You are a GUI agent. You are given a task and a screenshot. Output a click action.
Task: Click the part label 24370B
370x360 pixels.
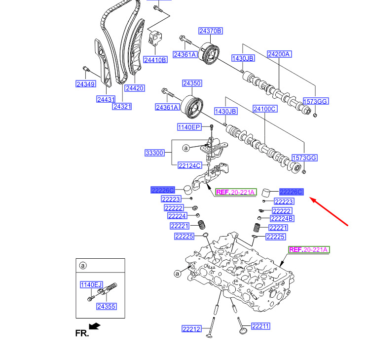pyautogui.click(x=211, y=31)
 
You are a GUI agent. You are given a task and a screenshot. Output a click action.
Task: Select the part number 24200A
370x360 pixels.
pyautogui.click(x=279, y=54)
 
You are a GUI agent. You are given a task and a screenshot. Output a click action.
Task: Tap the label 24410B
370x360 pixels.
pyautogui.click(x=155, y=60)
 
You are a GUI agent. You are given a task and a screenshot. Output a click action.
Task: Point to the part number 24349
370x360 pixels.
pyautogui.click(x=85, y=84)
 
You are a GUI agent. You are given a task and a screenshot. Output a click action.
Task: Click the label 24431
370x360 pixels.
pyautogui.click(x=106, y=99)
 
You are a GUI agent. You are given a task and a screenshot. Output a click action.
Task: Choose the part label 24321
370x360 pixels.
pyautogui.click(x=122, y=106)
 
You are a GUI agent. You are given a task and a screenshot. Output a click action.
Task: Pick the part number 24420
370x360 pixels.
pyautogui.click(x=134, y=88)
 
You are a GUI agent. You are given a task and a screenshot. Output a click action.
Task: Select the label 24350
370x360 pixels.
pyautogui.click(x=192, y=83)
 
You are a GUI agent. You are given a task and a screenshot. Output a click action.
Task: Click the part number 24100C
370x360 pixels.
pyautogui.click(x=265, y=108)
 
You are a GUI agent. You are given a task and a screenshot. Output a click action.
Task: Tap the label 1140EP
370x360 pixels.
pyautogui.click(x=189, y=127)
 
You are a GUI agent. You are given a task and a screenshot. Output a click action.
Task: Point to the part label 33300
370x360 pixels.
pyautogui.click(x=154, y=153)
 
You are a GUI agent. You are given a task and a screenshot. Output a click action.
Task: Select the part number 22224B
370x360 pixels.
pyautogui.click(x=282, y=218)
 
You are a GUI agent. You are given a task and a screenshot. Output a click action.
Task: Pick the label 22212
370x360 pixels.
pyautogui.click(x=191, y=329)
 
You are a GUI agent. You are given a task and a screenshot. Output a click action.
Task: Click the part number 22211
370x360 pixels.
pyautogui.click(x=261, y=326)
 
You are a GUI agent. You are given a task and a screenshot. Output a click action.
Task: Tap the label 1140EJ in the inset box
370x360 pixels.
pyautogui.click(x=91, y=284)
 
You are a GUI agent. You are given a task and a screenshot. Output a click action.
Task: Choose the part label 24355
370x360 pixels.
pyautogui.click(x=106, y=306)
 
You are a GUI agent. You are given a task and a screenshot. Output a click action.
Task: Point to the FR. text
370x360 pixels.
pyautogui.click(x=82, y=333)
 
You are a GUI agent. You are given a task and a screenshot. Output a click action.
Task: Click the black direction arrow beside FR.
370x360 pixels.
pyautogui.click(x=95, y=326)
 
